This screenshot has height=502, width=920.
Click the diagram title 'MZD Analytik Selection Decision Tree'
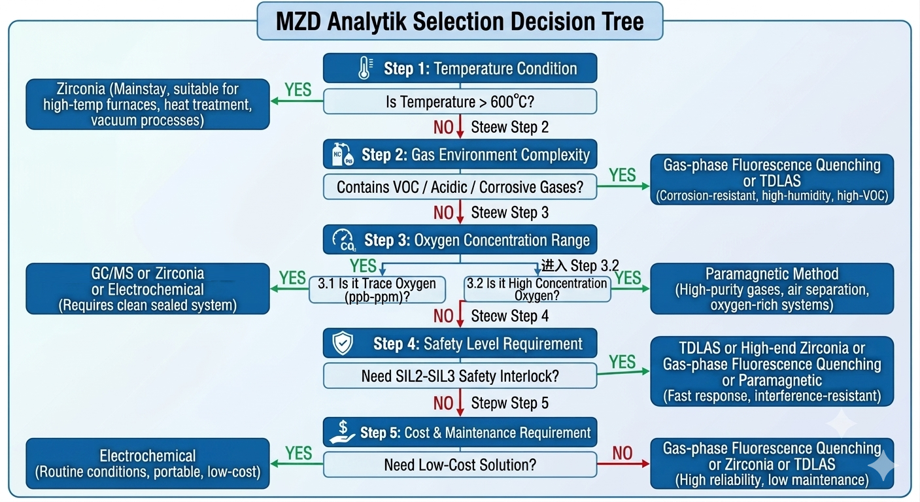pyautogui.click(x=460, y=22)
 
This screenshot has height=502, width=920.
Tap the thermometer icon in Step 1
pyautogui.click(x=365, y=68)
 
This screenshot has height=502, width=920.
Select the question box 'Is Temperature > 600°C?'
pyautogui.click(x=460, y=101)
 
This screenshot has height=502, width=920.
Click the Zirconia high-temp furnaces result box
pyautogui.click(x=148, y=105)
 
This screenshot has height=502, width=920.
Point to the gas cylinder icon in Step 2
pyautogui.click(x=343, y=154)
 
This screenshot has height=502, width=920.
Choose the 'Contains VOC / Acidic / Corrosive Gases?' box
pyautogui.click(x=460, y=187)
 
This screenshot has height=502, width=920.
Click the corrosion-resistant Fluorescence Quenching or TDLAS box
pyautogui.click(x=772, y=179)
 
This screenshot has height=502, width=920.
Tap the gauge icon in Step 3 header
pyautogui.click(x=344, y=240)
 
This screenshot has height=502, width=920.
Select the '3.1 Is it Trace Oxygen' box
pyautogui.click(x=377, y=290)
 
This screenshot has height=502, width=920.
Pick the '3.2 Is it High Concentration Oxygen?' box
pyautogui.click(x=537, y=289)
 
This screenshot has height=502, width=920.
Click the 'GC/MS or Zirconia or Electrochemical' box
pyautogui.click(x=148, y=288)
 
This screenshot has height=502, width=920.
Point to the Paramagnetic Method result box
pyautogui.click(x=772, y=288)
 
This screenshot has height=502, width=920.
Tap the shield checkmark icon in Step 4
pyautogui.click(x=343, y=343)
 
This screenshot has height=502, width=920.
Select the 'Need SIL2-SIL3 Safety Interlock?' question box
pyautogui.click(x=460, y=376)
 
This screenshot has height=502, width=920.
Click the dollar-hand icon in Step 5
pyautogui.click(x=342, y=432)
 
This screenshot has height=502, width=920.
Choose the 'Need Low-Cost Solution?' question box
pyautogui.click(x=460, y=465)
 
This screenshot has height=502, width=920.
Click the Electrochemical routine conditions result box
pyautogui.click(x=148, y=463)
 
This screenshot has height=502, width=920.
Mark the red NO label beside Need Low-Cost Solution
pyautogui.click(x=622, y=453)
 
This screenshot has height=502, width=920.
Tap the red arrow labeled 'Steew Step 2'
pyautogui.click(x=460, y=126)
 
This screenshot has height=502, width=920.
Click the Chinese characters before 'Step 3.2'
pyautogui.click(x=554, y=265)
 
